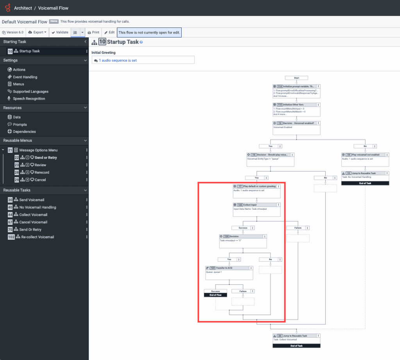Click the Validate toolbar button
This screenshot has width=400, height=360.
60,32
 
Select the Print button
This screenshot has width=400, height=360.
93,32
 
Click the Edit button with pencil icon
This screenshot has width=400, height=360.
109,32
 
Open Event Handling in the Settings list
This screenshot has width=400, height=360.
25,77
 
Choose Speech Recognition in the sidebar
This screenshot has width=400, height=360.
29,99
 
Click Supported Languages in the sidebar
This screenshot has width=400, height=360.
30,91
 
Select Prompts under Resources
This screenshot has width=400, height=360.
20,125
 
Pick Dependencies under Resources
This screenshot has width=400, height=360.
24,132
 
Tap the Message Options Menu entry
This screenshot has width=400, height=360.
38,150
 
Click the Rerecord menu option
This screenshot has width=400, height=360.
42,172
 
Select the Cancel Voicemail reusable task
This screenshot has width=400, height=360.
33,222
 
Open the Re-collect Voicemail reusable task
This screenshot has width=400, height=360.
37,237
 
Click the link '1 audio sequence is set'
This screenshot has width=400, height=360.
118,61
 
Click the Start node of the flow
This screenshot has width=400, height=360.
296,78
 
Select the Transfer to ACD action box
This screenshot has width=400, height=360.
229,268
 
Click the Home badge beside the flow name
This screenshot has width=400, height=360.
54,21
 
